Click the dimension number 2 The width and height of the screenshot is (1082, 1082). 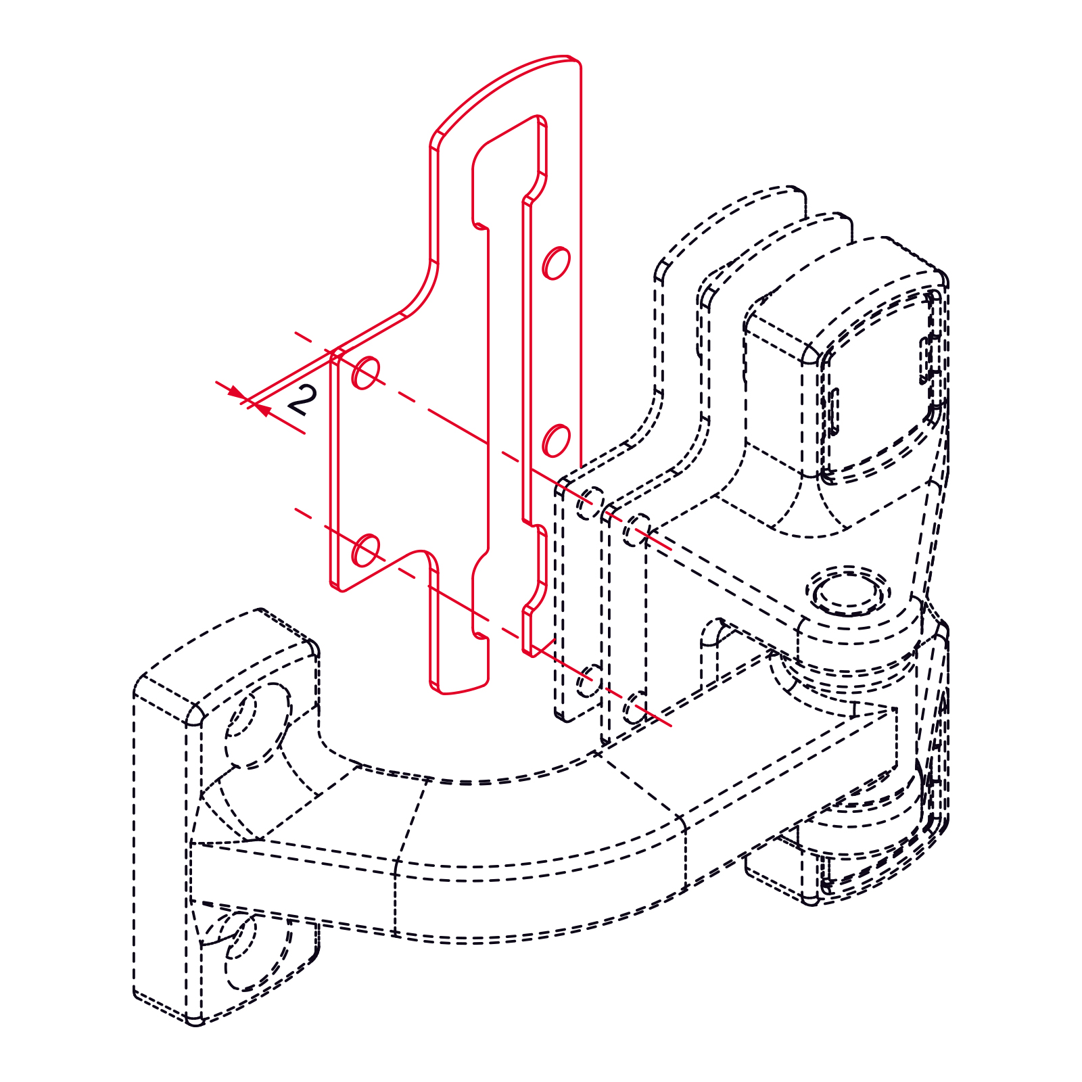click(302, 400)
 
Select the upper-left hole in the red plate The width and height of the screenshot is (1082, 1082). click(366, 373)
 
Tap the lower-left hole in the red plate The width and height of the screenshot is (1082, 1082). click(366, 550)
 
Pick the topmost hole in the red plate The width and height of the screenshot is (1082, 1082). click(557, 262)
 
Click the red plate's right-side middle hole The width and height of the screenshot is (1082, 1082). click(557, 440)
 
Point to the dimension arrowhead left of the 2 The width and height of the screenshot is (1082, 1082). click(235, 392)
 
